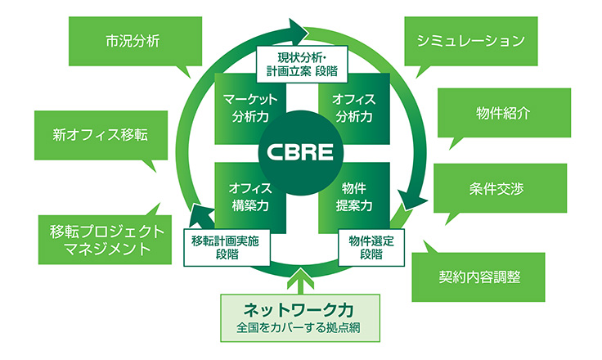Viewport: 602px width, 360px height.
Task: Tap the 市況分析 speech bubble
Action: click(x=132, y=41)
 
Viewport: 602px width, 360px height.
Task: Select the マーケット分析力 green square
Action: click(x=245, y=106)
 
